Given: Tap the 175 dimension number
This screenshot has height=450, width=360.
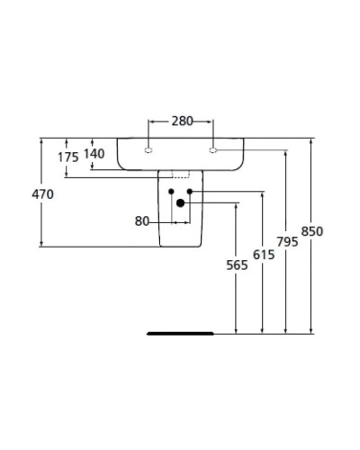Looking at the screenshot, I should click(x=68, y=157).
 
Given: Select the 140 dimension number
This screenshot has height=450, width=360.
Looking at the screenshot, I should click(x=94, y=153).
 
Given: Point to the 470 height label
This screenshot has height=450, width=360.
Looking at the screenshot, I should click(x=43, y=193).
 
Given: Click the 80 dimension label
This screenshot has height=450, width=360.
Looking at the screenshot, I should click(x=142, y=220).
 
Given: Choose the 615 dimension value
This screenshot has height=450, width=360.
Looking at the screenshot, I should click(x=263, y=255).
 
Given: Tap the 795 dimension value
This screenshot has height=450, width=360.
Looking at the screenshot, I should click(x=286, y=242).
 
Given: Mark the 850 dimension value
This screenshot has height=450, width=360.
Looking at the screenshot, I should click(x=311, y=231).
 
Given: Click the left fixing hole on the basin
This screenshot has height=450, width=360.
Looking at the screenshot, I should click(x=149, y=150).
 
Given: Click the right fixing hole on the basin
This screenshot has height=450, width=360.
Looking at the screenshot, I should click(x=213, y=150).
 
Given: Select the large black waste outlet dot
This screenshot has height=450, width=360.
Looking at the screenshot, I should click(x=181, y=203).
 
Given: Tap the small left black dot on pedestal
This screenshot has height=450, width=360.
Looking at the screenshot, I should click(x=170, y=192).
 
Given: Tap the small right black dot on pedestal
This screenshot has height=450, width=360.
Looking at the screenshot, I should click(x=191, y=192).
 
